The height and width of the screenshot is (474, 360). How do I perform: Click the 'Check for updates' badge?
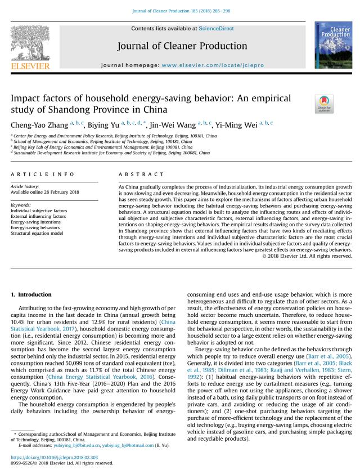(x=324, y=104)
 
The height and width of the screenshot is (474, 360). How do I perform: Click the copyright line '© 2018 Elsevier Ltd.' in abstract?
(x=307, y=255)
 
